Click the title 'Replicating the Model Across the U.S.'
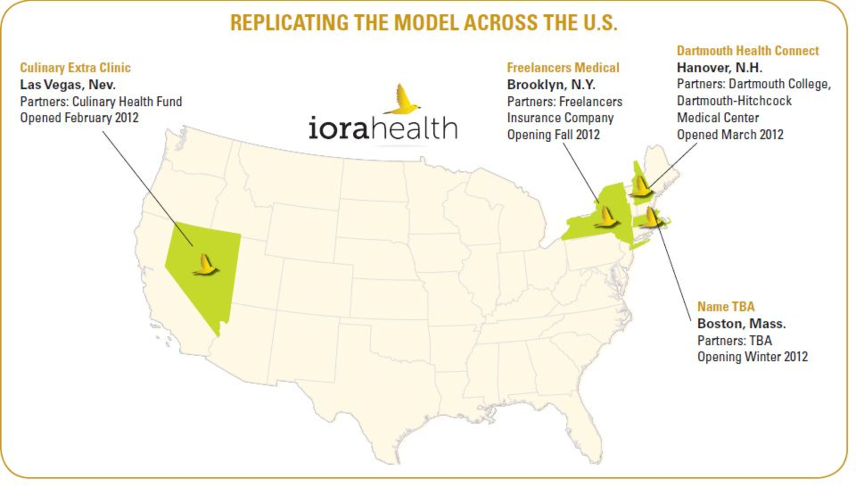[424, 23]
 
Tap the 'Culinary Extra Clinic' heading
[75, 68]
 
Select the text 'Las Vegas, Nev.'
[68, 85]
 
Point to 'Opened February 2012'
[79, 118]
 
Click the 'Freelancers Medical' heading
[563, 68]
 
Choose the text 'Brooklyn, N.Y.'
[551, 85]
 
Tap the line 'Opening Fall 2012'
[553, 135]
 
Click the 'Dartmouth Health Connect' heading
[748, 51]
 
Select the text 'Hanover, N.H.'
[720, 68]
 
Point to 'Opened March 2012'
[730, 135]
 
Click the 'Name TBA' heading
[726, 307]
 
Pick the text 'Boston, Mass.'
[741, 324]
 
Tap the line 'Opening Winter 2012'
[753, 357]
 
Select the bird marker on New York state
[606, 218]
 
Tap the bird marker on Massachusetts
[652, 217]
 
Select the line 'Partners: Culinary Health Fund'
[101, 102]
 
